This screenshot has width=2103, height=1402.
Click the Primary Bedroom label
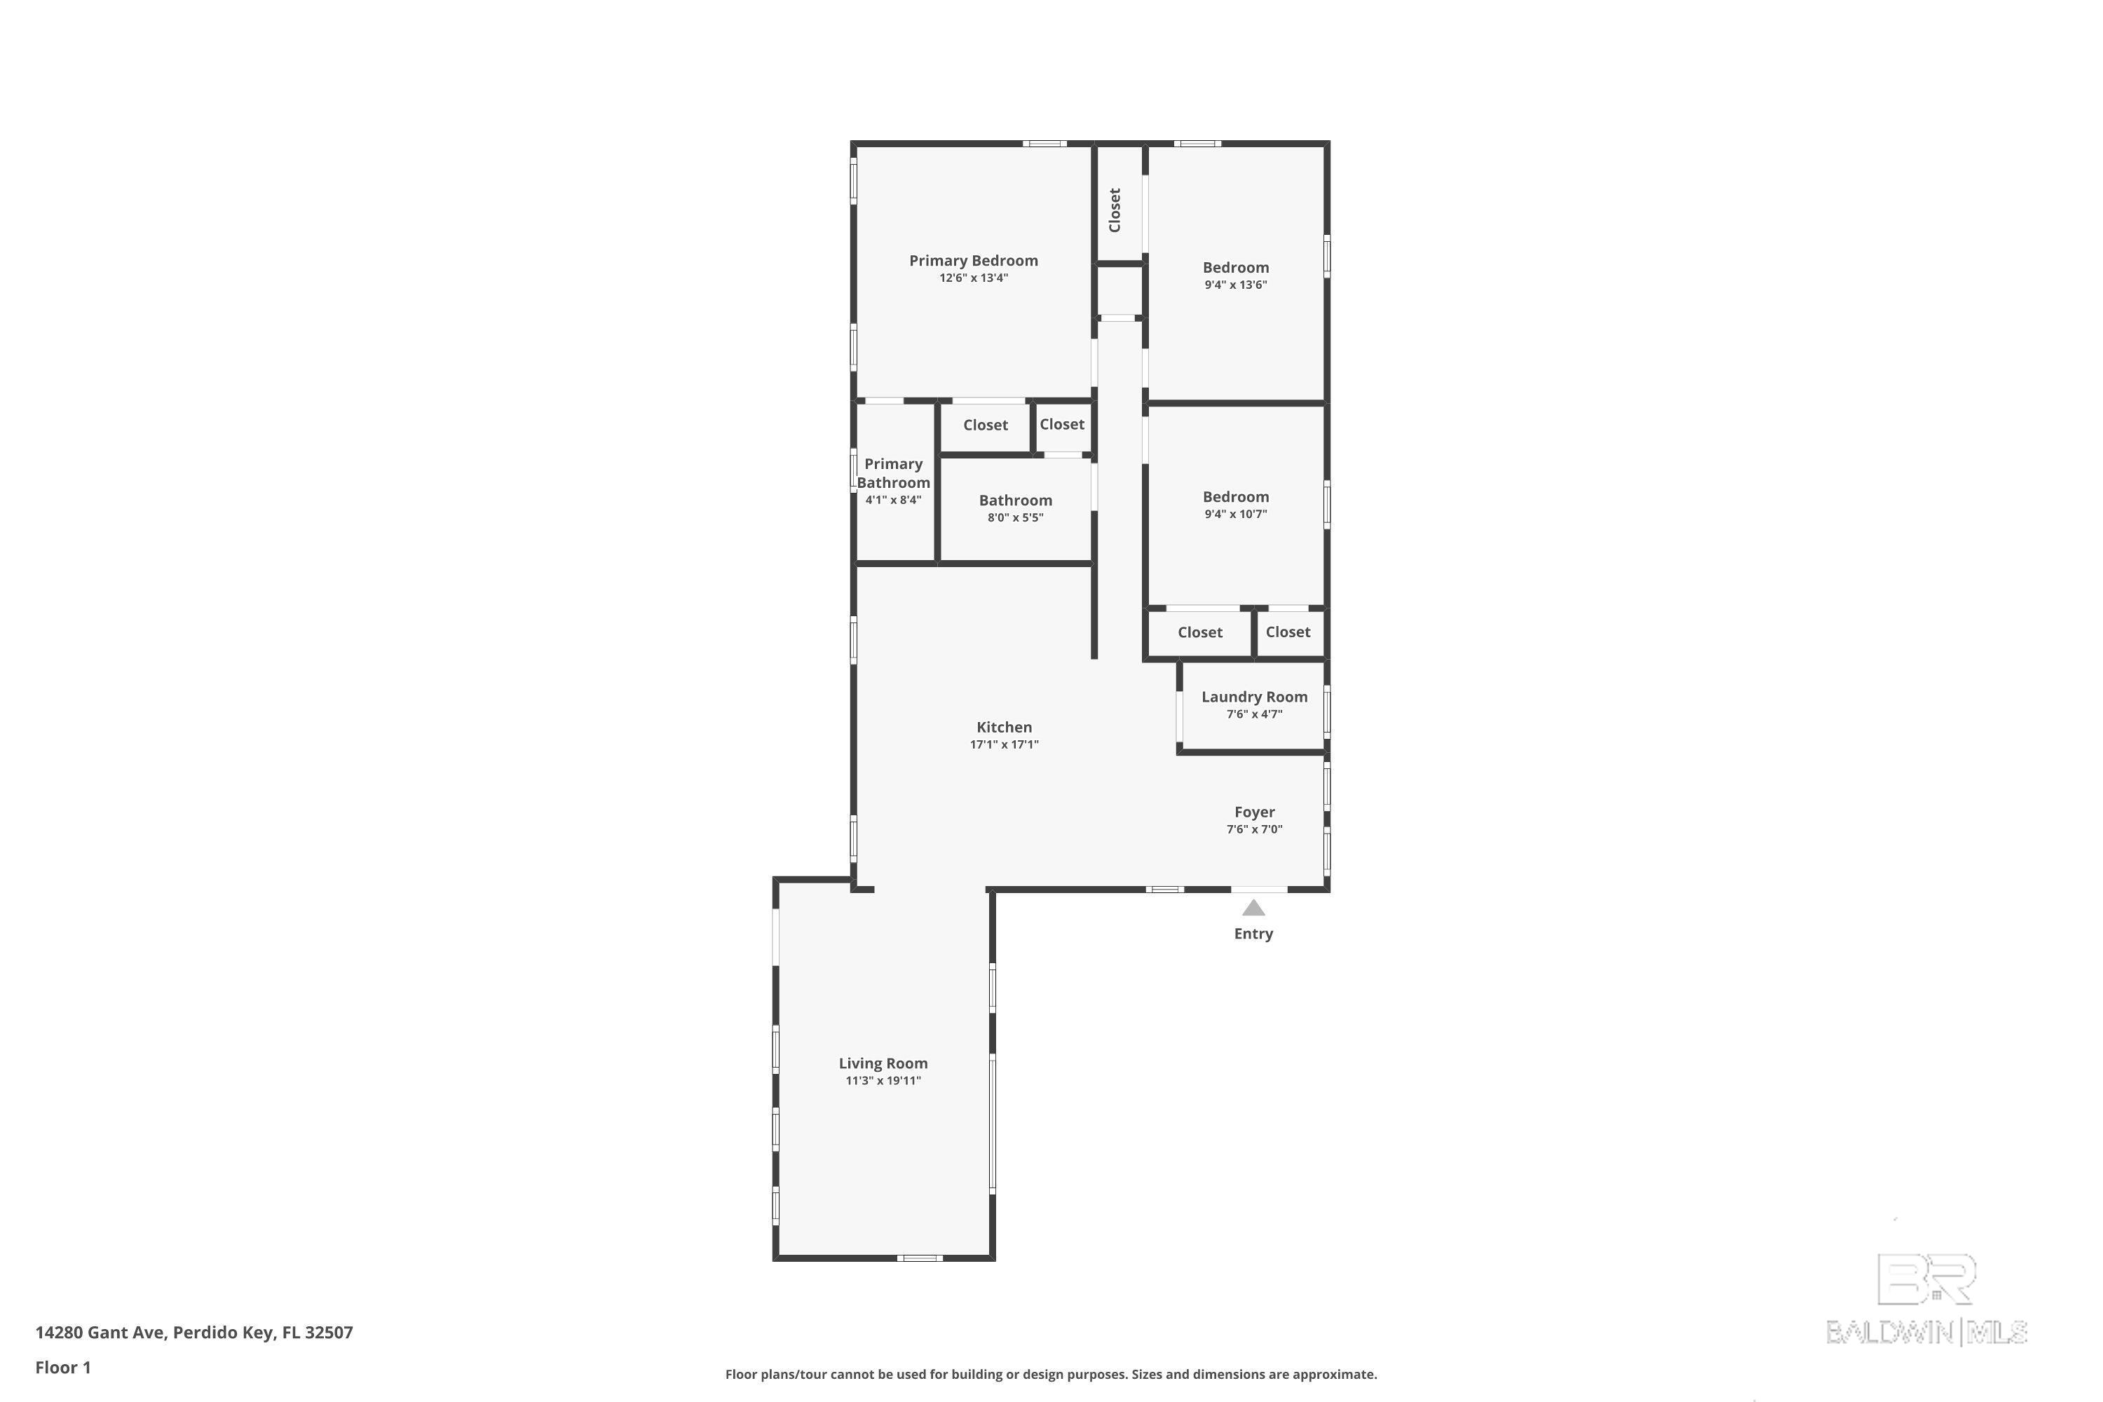click(973, 260)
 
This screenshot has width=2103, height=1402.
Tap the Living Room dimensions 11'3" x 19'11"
click(883, 1080)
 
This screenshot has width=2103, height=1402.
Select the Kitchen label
click(1004, 727)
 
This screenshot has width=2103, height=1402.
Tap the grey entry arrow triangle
click(1253, 908)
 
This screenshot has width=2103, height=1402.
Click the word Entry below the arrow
click(1253, 934)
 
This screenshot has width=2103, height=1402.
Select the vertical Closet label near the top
click(1114, 210)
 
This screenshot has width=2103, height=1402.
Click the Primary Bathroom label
click(893, 473)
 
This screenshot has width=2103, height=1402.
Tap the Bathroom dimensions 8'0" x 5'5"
click(1015, 517)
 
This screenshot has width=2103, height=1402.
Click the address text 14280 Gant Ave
click(100, 1333)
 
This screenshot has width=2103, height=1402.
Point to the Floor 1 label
click(62, 1367)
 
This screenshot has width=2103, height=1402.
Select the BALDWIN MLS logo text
click(1926, 1333)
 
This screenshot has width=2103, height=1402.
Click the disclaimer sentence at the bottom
click(1051, 1374)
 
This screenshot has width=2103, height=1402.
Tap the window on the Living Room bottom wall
click(919, 1258)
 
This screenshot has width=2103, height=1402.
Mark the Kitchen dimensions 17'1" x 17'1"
click(1004, 744)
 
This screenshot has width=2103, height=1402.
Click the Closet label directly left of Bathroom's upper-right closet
click(986, 425)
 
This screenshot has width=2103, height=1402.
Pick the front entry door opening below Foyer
click(1259, 889)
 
